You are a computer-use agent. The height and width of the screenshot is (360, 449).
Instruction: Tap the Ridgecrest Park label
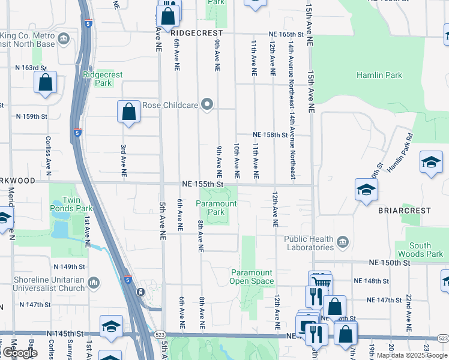[103, 79]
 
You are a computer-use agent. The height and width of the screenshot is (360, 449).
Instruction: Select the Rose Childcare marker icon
[208, 105]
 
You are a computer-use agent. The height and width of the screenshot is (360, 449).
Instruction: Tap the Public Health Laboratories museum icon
[343, 242]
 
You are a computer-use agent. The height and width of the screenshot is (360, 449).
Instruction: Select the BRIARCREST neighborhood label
[405, 211]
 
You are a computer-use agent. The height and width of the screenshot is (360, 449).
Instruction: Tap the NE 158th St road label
[271, 135]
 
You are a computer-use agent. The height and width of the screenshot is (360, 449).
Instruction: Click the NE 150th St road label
[390, 263]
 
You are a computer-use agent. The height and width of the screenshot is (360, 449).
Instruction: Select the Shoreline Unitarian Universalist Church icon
[94, 282]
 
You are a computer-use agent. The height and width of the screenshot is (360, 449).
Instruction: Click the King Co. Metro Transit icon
[64, 40]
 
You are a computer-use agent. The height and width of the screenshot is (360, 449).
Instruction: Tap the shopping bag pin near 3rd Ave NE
[129, 112]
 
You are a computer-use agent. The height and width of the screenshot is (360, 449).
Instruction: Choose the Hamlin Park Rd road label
[400, 157]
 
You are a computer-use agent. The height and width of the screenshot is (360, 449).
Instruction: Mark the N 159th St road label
[31, 116]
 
